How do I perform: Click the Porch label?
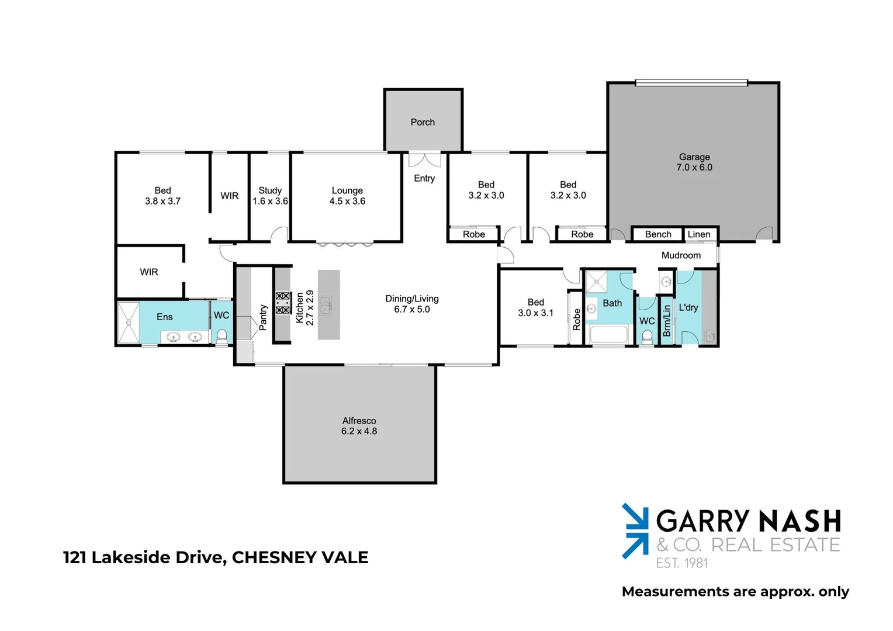click(x=423, y=122)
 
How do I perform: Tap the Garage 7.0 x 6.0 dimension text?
click(x=694, y=167)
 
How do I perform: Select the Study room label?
click(x=270, y=190)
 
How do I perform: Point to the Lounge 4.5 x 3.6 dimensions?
click(x=347, y=201)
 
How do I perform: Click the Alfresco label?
click(x=359, y=421)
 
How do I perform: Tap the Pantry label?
click(x=263, y=317)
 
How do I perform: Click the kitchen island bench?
click(x=328, y=304)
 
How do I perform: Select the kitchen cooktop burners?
click(x=283, y=303)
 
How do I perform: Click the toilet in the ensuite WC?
click(x=221, y=335)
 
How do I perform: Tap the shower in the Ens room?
click(x=128, y=322)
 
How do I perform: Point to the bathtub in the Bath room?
click(x=608, y=335)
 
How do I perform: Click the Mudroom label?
click(x=681, y=255)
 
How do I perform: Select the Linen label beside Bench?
click(x=699, y=234)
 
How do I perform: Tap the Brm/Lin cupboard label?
click(x=666, y=321)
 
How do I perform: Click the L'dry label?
click(x=688, y=307)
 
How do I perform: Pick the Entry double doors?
click(x=424, y=160)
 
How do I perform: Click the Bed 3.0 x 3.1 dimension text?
click(x=535, y=313)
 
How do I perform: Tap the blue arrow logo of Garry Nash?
click(x=635, y=531)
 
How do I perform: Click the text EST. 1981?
click(x=681, y=563)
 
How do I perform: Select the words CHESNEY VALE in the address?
click(x=300, y=557)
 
